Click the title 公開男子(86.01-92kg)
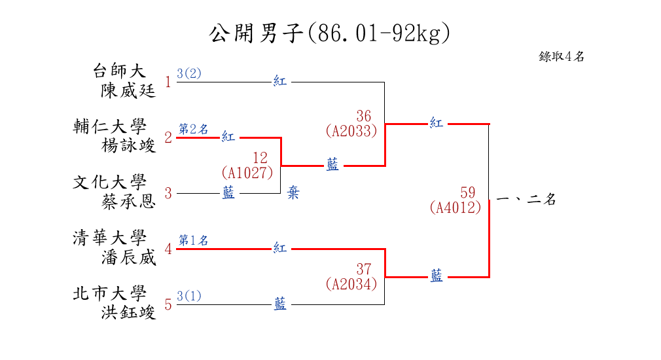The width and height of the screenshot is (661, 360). click(330, 33)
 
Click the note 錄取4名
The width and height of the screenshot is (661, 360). click(562, 57)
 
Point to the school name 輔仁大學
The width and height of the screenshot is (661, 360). click(109, 126)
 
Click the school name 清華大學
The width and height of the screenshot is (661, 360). click(109, 238)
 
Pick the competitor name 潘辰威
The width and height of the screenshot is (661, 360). click(128, 257)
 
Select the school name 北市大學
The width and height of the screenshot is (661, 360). click(109, 293)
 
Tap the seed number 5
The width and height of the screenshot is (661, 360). click(168, 305)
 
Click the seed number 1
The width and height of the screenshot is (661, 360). click(168, 82)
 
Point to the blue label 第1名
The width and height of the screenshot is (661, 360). click(193, 240)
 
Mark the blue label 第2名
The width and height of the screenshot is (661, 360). click(193, 129)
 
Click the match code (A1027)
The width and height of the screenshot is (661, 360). click(247, 173)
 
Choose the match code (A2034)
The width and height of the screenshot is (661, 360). click(351, 284)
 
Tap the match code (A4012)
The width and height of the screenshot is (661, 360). click(456, 207)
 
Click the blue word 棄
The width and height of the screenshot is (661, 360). click(293, 194)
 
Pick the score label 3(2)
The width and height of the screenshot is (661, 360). click(189, 73)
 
